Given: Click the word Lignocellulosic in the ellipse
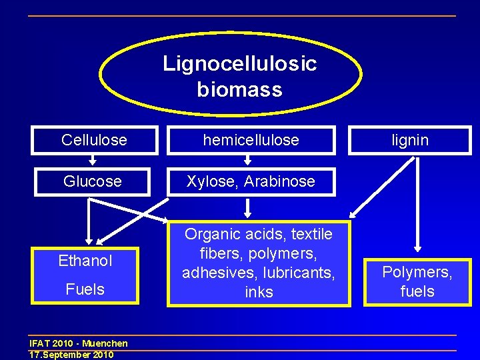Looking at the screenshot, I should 240,64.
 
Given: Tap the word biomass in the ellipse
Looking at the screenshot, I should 240,89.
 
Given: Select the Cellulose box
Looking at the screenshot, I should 94,140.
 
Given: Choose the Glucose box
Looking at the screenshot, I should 93,181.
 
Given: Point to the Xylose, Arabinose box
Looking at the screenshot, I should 251,181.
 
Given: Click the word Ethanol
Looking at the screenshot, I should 85,261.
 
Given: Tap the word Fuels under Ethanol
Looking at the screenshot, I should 85,289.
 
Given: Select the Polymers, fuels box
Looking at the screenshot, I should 417,281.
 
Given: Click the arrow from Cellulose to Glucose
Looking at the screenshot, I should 93,160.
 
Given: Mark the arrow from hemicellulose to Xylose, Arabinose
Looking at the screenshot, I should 247,160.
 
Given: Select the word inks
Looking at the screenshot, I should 259,292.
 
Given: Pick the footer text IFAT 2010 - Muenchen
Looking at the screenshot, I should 79,344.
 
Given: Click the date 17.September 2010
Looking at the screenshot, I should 71,355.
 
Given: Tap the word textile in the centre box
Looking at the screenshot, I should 307,234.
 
